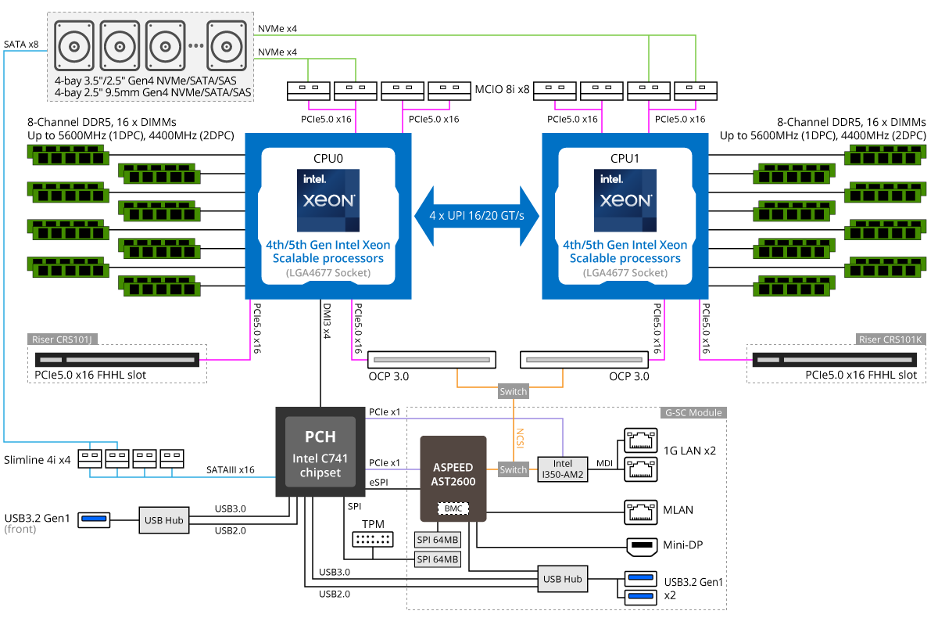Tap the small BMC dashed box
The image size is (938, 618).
point(453,508)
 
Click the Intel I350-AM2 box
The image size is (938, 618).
point(563,469)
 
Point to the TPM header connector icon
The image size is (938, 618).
point(372,540)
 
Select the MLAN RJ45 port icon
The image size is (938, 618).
point(639,510)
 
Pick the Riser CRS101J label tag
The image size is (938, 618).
point(67,340)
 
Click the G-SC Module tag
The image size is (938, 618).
point(694,412)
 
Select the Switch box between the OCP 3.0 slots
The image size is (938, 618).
point(513,391)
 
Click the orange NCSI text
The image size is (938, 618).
point(519,437)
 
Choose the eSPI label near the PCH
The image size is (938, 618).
point(378,483)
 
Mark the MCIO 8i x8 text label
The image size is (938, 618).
point(503,90)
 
